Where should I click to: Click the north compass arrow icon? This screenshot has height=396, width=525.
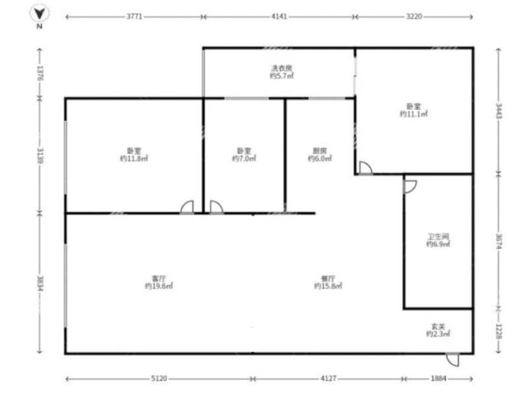point(40,14)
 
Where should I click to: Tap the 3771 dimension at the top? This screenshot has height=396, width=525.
point(134,16)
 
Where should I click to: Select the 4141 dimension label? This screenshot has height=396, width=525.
point(279,16)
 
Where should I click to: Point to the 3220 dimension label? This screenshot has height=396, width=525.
point(414,16)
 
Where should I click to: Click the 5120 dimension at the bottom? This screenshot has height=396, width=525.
point(159,379)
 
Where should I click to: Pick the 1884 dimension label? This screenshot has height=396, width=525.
point(438,379)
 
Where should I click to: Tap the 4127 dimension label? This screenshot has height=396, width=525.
point(328,379)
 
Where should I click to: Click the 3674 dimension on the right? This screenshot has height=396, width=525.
point(499,241)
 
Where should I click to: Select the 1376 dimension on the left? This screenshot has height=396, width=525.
point(40,73)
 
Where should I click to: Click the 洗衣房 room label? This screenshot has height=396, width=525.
point(281,68)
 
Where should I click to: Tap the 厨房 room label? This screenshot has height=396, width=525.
point(320,151)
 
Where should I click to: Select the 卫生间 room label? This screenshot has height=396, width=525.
point(438,237)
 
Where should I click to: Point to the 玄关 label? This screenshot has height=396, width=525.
point(438,327)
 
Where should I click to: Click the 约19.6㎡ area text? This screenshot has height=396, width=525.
point(159,286)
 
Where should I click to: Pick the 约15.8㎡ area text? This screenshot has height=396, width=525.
point(328,286)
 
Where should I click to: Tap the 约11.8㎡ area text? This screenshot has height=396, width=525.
point(134,158)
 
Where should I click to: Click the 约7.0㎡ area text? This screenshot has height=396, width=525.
point(244,158)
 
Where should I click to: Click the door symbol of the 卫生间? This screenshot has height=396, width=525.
point(411,187)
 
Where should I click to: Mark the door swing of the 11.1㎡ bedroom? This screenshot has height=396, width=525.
point(366,168)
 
